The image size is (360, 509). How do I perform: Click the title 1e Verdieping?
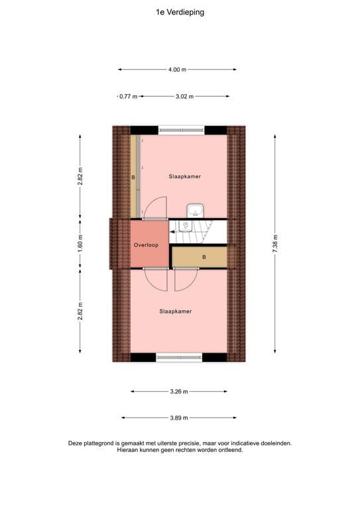[180, 11]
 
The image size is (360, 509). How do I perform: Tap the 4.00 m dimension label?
[177, 69]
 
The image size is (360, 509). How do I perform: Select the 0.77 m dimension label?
[128, 97]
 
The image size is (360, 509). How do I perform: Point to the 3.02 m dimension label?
[184, 97]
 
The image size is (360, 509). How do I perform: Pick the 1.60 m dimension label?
[81, 243]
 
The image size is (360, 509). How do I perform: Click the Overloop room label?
[145, 245]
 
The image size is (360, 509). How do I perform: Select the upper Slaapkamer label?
[184, 177]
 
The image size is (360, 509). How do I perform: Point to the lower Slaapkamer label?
[176, 311]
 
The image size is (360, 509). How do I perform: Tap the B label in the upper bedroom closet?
[133, 178]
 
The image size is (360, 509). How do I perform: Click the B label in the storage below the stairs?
[204, 256]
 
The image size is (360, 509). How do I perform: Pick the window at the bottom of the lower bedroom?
[178, 358]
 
